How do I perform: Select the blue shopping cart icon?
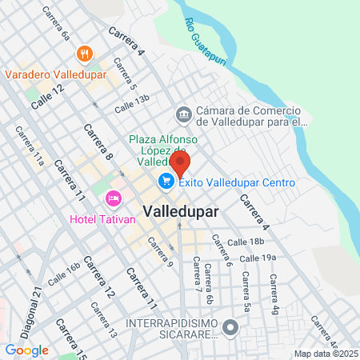click(166, 182)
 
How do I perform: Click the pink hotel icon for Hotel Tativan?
click(113, 198)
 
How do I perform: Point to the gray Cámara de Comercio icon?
click(183, 115)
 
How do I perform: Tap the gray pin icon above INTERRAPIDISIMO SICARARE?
click(231, 327)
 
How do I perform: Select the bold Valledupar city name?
click(183, 210)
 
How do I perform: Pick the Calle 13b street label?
click(131, 104)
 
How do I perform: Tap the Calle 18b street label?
click(245, 241)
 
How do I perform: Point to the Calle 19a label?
click(258, 258)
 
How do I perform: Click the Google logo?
click(26, 350)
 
